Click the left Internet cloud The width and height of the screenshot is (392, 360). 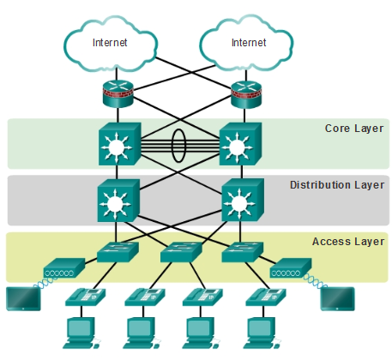pos(110,44)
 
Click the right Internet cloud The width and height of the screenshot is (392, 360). pos(246,43)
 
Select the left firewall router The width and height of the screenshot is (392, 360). pos(118,93)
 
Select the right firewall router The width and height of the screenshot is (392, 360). pos(246,94)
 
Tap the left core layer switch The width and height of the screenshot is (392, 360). pos(119,144)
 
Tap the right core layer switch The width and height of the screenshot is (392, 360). pos(240,144)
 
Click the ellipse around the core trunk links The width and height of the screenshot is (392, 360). pos(178,146)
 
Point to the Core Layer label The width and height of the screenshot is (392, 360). pos(354,129)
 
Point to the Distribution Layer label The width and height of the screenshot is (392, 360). pos(337,185)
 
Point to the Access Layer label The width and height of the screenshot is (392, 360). pos(348,242)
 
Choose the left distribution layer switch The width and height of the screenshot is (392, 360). pos(118,201)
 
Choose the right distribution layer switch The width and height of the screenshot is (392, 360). pos(243,200)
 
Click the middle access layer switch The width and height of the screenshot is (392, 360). pos(181,252)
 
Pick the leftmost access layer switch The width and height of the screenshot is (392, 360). pos(118,252)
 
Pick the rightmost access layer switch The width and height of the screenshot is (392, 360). pos(243,252)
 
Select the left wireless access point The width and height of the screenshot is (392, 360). pos(64,267)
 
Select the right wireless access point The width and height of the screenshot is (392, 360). pos(291,267)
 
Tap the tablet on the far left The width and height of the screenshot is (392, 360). pos(23,299)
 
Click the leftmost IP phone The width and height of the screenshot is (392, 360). pos(85,297)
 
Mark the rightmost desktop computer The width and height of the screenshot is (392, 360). pos(262,333)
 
